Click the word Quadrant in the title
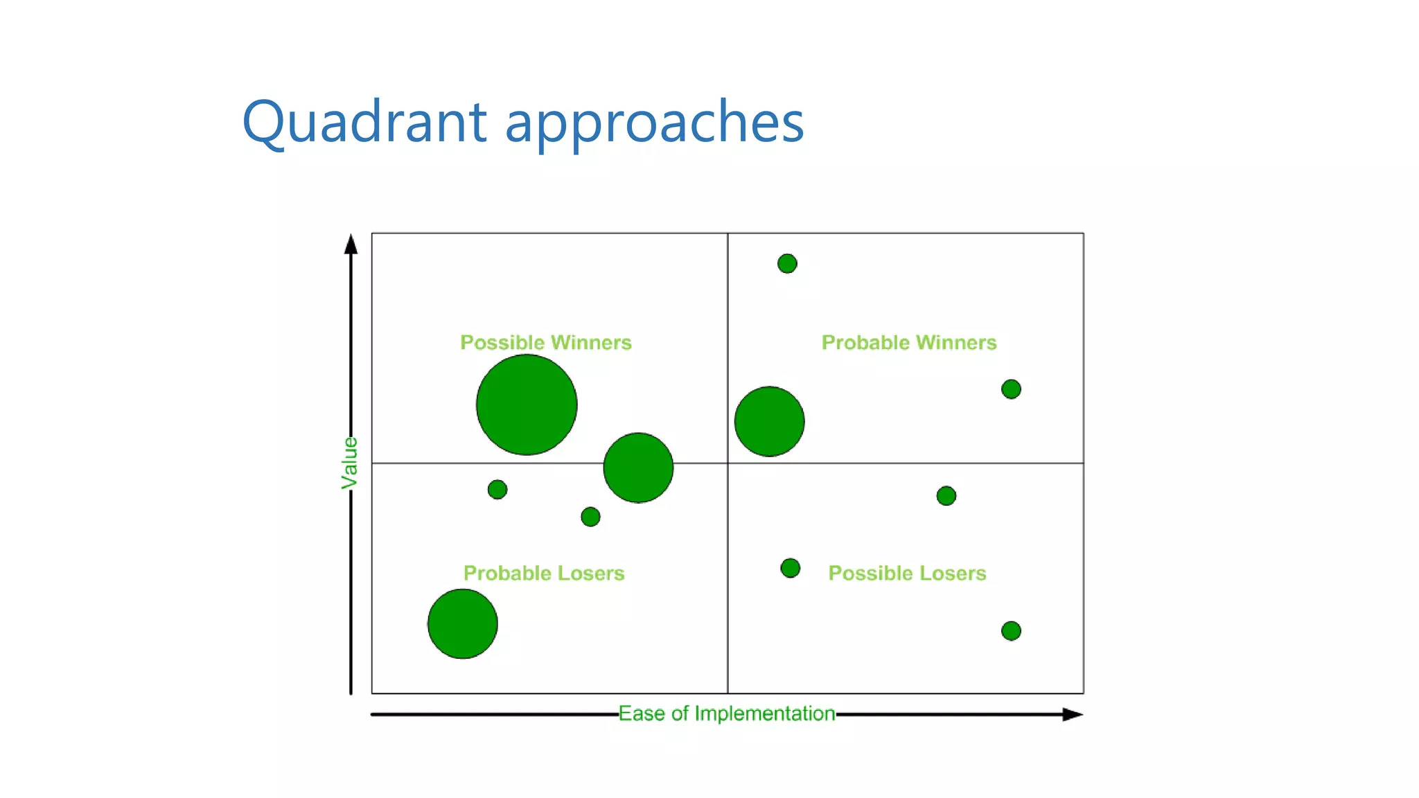pyautogui.click(x=364, y=123)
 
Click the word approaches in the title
pyautogui.click(x=654, y=123)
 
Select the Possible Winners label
pyautogui.click(x=546, y=342)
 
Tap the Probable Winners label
pyautogui.click(x=908, y=342)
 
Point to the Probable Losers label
pyautogui.click(x=544, y=573)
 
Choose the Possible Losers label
pyautogui.click(x=907, y=573)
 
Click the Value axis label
pyautogui.click(x=350, y=463)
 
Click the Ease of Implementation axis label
pyautogui.click(x=726, y=713)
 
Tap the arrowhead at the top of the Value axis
pyautogui.click(x=351, y=244)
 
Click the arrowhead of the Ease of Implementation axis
pyautogui.click(x=1073, y=714)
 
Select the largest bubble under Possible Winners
pyautogui.click(x=527, y=405)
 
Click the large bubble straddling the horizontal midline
pyautogui.click(x=638, y=468)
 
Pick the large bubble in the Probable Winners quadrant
pyautogui.click(x=769, y=421)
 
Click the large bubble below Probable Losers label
pyautogui.click(x=462, y=623)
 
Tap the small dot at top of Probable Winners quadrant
pyautogui.click(x=787, y=263)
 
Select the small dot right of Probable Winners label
pyautogui.click(x=1011, y=389)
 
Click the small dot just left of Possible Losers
pyautogui.click(x=790, y=568)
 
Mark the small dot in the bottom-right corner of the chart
pyautogui.click(x=1011, y=630)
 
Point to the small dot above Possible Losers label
pyautogui.click(x=946, y=496)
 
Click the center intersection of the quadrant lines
pyautogui.click(x=728, y=463)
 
